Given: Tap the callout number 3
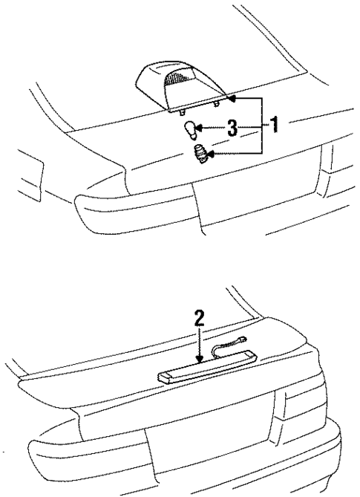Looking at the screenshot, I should [232, 129].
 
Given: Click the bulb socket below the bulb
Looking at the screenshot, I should [199, 154].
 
